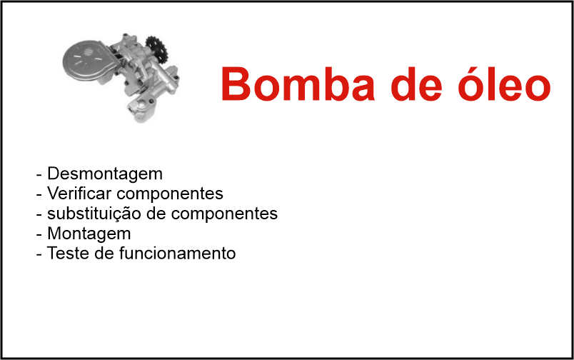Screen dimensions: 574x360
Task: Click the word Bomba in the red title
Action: pos(298,84)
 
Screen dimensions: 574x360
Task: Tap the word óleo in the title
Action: pos(504,84)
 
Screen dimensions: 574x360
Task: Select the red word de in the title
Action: pos(416,84)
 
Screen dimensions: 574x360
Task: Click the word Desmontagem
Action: pos(105,174)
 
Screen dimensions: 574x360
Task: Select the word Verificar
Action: pos(79,194)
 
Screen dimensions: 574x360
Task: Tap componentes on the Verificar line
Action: pos(170,194)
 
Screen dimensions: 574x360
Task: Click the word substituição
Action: pos(94,214)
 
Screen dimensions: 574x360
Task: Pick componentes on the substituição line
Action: pos(224,214)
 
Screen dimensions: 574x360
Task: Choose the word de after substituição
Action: pos(156,214)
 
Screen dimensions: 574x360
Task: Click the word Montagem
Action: pos(89,234)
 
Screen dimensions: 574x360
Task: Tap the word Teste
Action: pos(68,253)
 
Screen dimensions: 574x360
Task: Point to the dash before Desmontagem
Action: pos(39,175)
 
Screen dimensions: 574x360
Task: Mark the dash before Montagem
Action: pos(39,235)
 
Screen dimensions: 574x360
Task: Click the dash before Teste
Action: pos(39,255)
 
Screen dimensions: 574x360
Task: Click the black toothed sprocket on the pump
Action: pos(157,49)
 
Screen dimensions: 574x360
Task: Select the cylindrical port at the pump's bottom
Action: pos(141,108)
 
